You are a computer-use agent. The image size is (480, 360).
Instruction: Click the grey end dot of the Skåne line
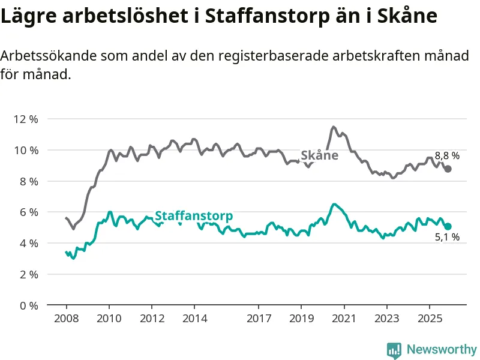tap(448, 169)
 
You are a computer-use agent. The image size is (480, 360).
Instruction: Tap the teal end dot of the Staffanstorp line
tap(448, 226)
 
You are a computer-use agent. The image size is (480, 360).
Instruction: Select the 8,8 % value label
tap(447, 156)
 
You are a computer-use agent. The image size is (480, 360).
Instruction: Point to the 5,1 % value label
tap(447, 238)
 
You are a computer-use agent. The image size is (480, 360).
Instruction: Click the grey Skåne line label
tap(319, 156)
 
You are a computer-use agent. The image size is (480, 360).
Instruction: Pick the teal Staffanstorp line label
tap(194, 216)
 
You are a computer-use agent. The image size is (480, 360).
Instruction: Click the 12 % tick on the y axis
tap(25, 119)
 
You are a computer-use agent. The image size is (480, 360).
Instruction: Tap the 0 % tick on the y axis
tap(28, 305)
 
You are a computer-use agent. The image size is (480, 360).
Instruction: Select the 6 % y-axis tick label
tap(28, 212)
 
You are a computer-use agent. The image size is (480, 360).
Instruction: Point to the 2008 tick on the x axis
tap(66, 317)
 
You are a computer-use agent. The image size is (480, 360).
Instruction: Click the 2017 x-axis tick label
tap(259, 317)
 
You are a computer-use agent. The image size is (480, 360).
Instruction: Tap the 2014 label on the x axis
tap(194, 317)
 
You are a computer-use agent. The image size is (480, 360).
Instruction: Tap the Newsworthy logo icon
tap(394, 349)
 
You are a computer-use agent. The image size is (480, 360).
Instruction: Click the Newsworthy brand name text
tap(442, 349)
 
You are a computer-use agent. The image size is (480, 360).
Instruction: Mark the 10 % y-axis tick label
tap(25, 150)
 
